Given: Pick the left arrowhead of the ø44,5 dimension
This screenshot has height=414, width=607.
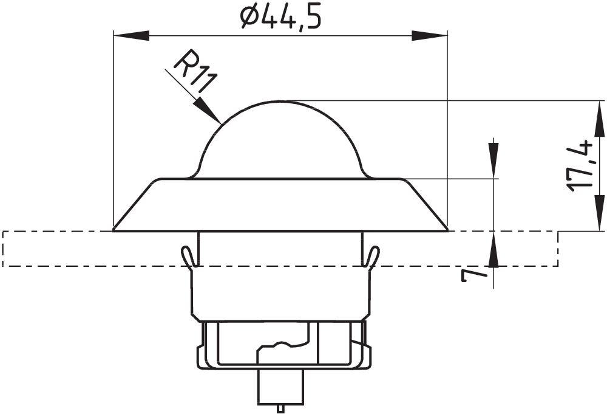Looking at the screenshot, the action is (x=131, y=36).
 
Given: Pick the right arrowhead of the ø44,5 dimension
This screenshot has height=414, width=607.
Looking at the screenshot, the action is (x=429, y=36).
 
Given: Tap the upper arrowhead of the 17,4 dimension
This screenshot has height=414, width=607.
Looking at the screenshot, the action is (x=600, y=119).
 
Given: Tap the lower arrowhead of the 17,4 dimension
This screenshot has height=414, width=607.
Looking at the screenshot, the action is (x=600, y=213).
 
